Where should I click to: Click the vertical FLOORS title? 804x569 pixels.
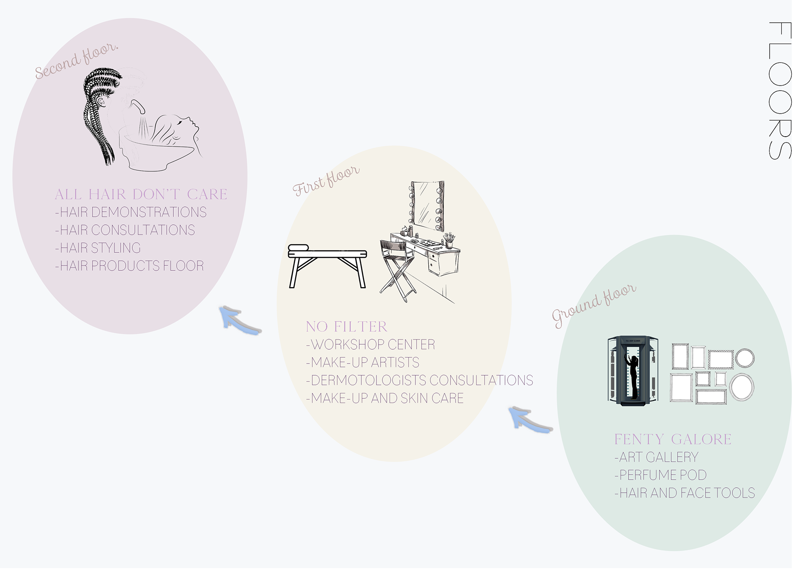pyautogui.click(x=780, y=91)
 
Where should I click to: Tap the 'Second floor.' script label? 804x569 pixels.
pyautogui.click(x=77, y=60)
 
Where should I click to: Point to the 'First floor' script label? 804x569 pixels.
pyautogui.click(x=326, y=181)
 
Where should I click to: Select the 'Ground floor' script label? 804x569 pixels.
pyautogui.click(x=594, y=305)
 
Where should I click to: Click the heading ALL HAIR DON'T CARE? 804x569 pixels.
pyautogui.click(x=141, y=195)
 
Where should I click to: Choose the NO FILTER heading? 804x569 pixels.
pyautogui.click(x=346, y=327)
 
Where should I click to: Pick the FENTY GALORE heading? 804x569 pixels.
pyautogui.click(x=673, y=439)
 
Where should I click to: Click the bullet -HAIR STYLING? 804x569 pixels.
pyautogui.click(x=98, y=248)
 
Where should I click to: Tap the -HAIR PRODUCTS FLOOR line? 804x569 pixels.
pyautogui.click(x=129, y=266)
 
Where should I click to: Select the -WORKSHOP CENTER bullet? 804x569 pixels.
pyautogui.click(x=371, y=345)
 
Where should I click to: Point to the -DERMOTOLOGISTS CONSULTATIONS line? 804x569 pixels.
pyautogui.click(x=420, y=380)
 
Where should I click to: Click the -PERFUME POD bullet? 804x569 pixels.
pyautogui.click(x=660, y=475)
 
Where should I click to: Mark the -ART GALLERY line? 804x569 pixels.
pyautogui.click(x=656, y=457)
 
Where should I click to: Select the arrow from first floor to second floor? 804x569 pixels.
pyautogui.click(x=239, y=320)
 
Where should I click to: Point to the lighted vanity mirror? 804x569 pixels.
pyautogui.click(x=427, y=205)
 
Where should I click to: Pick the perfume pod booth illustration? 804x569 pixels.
pyautogui.click(x=633, y=370)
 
